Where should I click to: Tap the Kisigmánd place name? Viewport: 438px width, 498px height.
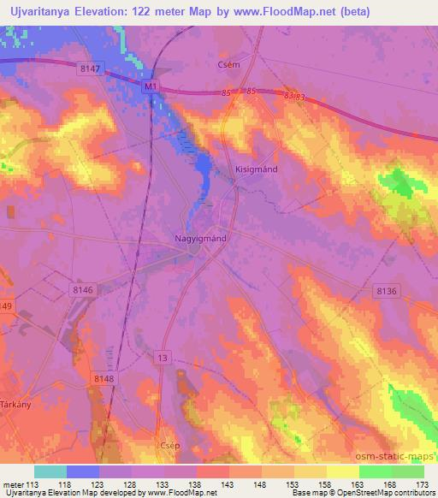tap(256, 169)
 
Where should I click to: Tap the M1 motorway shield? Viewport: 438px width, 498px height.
tap(151, 86)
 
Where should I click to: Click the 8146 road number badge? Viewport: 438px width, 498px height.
tap(82, 291)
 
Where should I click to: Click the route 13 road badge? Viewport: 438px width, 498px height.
tap(163, 355)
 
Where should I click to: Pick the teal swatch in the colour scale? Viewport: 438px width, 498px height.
tap(50, 471)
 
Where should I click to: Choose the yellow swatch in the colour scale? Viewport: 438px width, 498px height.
tap(343, 471)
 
